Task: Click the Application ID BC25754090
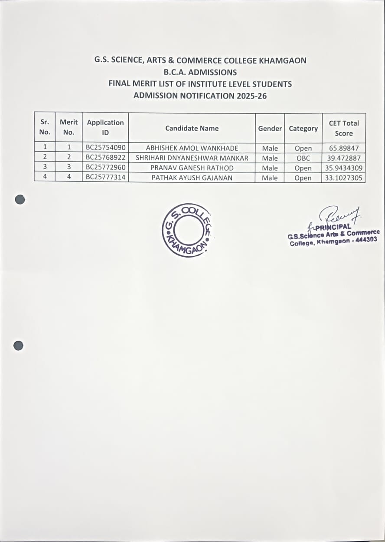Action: (105, 148)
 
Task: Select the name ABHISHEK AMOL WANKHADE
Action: (192, 148)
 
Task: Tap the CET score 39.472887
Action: (343, 158)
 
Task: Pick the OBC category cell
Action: (303, 158)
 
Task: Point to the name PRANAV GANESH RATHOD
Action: (192, 168)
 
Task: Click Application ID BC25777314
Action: (105, 177)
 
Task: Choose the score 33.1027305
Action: (343, 178)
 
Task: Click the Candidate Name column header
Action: (192, 128)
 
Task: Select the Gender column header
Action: (270, 129)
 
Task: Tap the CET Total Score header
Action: (343, 128)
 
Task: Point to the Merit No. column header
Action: (69, 127)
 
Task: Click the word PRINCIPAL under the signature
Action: (333, 227)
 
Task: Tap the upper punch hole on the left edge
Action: (20, 199)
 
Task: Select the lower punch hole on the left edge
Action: (18, 346)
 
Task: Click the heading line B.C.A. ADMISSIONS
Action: (200, 72)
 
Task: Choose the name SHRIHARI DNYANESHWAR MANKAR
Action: (192, 158)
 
